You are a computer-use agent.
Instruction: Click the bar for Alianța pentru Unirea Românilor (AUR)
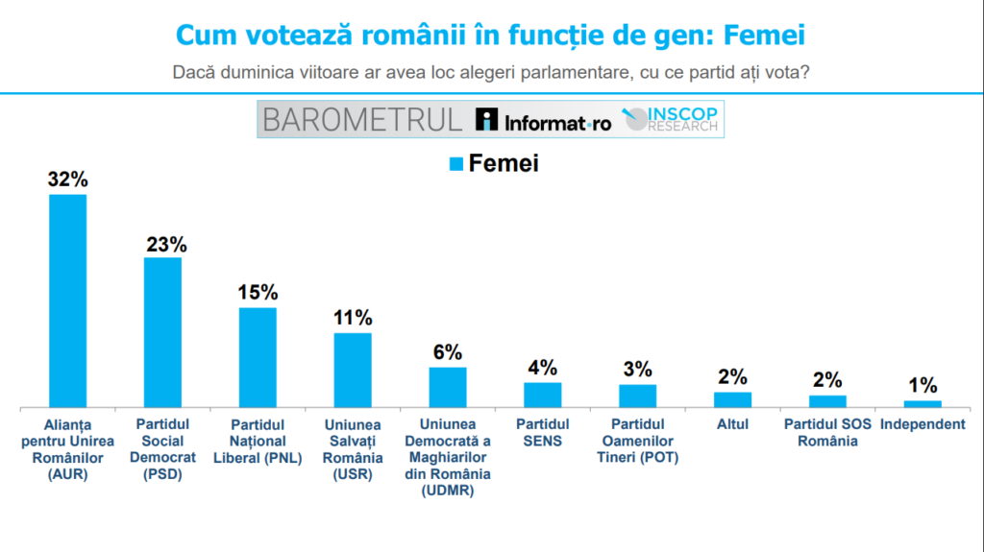click(x=68, y=301)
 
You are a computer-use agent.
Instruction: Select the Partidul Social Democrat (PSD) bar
click(x=162, y=332)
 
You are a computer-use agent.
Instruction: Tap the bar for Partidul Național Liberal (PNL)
click(x=258, y=357)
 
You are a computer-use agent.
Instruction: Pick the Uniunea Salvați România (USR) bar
click(x=353, y=370)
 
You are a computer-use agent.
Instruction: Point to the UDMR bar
click(x=448, y=387)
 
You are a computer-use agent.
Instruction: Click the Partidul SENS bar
click(x=542, y=395)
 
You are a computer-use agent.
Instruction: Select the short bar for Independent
click(x=922, y=403)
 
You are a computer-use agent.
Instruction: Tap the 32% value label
click(x=68, y=180)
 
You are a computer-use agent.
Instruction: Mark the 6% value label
click(x=448, y=352)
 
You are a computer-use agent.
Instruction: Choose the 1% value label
click(x=922, y=386)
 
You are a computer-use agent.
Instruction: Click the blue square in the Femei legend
click(x=456, y=164)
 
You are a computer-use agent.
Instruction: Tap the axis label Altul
click(x=732, y=424)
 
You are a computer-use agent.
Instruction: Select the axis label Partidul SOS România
click(x=827, y=433)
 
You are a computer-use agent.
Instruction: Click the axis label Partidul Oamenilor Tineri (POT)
click(x=637, y=441)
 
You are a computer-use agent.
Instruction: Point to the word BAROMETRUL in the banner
click(x=362, y=120)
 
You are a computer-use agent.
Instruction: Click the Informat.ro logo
click(x=544, y=121)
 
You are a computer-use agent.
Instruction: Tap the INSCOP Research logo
click(x=672, y=119)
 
